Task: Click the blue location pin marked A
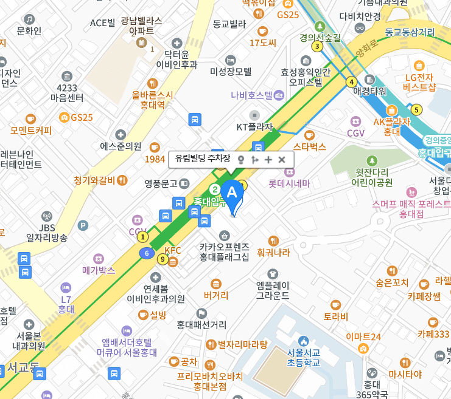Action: pyautogui.click(x=231, y=193)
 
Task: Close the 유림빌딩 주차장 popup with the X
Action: pyautogui.click(x=282, y=159)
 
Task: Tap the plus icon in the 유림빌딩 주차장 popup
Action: pyautogui.click(x=268, y=159)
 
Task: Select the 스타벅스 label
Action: pyautogui.click(x=310, y=146)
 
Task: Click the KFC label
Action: pyautogui.click(x=173, y=250)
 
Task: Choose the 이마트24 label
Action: pyautogui.click(x=363, y=336)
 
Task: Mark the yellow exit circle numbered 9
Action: pyautogui.click(x=162, y=259)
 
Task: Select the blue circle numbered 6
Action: pyautogui.click(x=146, y=253)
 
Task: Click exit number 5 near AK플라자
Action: pyautogui.click(x=416, y=110)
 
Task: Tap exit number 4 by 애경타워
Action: pyautogui.click(x=351, y=82)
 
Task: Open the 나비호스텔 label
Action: pyautogui.click(x=251, y=95)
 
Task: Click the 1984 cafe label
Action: pyautogui.click(x=155, y=159)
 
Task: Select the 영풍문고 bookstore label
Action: pyautogui.click(x=161, y=183)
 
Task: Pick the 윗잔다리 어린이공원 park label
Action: pyautogui.click(x=372, y=177)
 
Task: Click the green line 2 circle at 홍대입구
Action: pyautogui.click(x=214, y=190)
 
